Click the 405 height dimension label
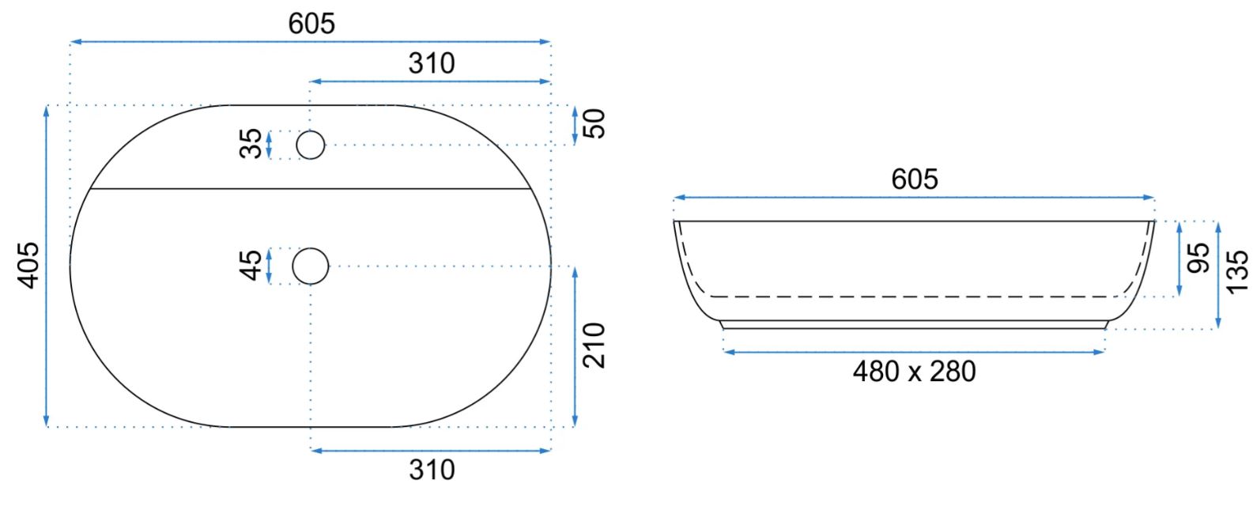(29, 266)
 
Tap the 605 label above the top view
(311, 24)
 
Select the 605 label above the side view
(915, 179)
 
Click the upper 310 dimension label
(432, 63)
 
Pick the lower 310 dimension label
(432, 470)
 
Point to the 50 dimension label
(594, 123)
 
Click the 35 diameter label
(251, 144)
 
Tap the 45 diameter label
(251, 266)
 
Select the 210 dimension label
(594, 346)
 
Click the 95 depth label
(1198, 258)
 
